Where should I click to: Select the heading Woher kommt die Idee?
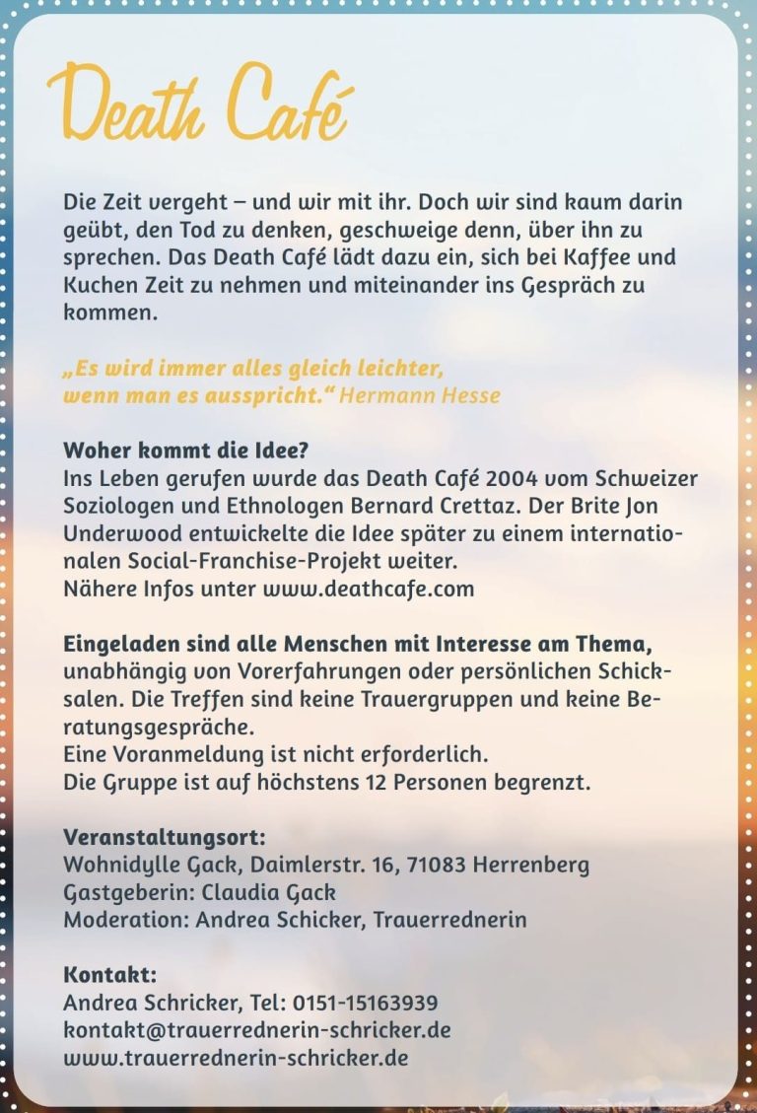(x=186, y=452)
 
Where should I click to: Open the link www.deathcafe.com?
(x=368, y=590)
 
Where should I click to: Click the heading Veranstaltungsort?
(x=165, y=838)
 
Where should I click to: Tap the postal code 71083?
(x=435, y=866)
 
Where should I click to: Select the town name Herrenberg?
(x=531, y=866)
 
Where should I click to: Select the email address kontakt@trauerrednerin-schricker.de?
(x=257, y=1030)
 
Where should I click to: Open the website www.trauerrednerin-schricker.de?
(x=236, y=1058)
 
